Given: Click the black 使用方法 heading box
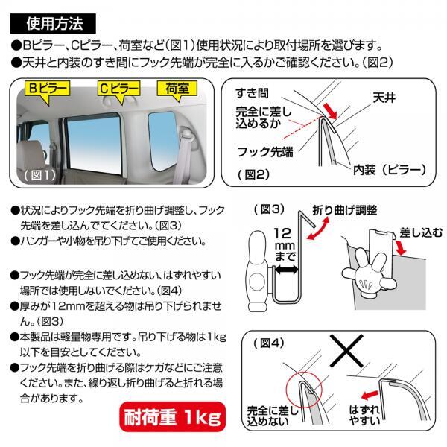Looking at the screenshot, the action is (53, 23).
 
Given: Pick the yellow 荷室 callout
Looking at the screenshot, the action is (177, 90).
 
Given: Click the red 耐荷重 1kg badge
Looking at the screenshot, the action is (173, 416).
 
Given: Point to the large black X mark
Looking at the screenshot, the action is (346, 351).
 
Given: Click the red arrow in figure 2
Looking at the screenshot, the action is (329, 110).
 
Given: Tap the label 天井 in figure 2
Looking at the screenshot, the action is (384, 98).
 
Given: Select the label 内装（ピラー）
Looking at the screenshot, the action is (390, 170).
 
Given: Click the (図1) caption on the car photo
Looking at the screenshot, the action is (40, 175).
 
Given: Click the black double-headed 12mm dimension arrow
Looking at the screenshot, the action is (287, 269).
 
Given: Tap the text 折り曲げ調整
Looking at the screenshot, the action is (345, 210).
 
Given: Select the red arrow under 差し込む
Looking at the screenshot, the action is (401, 247).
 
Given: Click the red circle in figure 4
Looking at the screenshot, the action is (304, 390).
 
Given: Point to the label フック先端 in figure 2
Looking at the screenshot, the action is (265, 152).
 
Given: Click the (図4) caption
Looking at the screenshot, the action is (269, 343).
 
